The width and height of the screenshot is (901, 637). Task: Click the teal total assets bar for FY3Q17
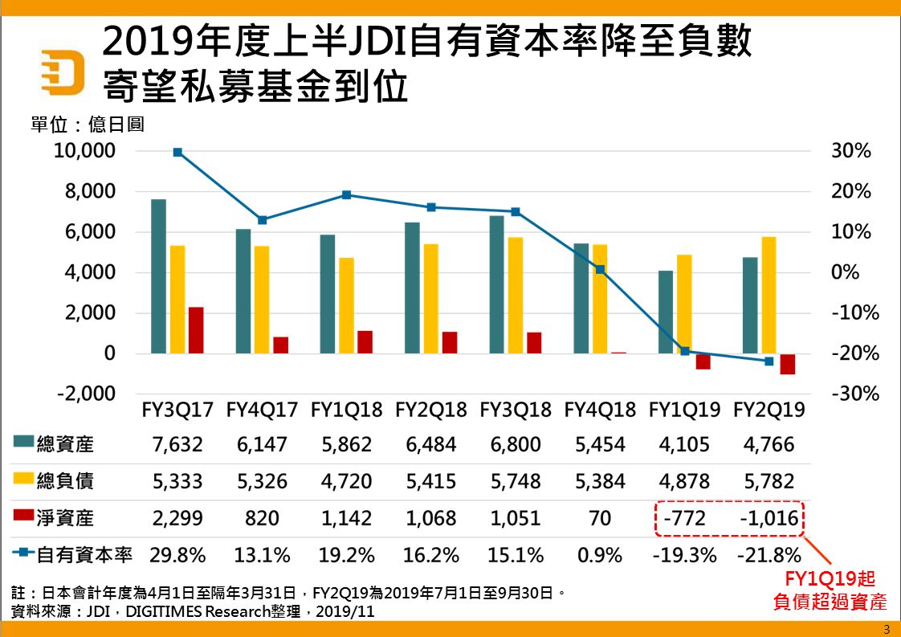point(158,276)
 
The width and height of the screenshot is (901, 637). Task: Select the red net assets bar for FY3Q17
point(196,329)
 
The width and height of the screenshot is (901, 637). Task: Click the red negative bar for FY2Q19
point(787,364)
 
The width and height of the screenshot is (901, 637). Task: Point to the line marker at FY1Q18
point(347,194)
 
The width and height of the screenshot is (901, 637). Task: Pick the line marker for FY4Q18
point(600,270)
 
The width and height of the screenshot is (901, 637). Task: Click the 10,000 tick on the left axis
point(86,151)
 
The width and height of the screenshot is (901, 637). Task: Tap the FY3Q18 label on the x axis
point(516,410)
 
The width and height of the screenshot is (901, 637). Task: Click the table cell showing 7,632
point(177,444)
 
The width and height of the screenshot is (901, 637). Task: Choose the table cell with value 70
point(600,518)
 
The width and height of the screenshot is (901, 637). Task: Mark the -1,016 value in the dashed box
point(768,518)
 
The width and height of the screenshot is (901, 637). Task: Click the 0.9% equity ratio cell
point(600,555)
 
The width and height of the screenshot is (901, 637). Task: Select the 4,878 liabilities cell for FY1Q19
point(684,481)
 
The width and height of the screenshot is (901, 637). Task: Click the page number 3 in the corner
point(887,628)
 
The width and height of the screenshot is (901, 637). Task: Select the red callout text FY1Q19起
point(825,580)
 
